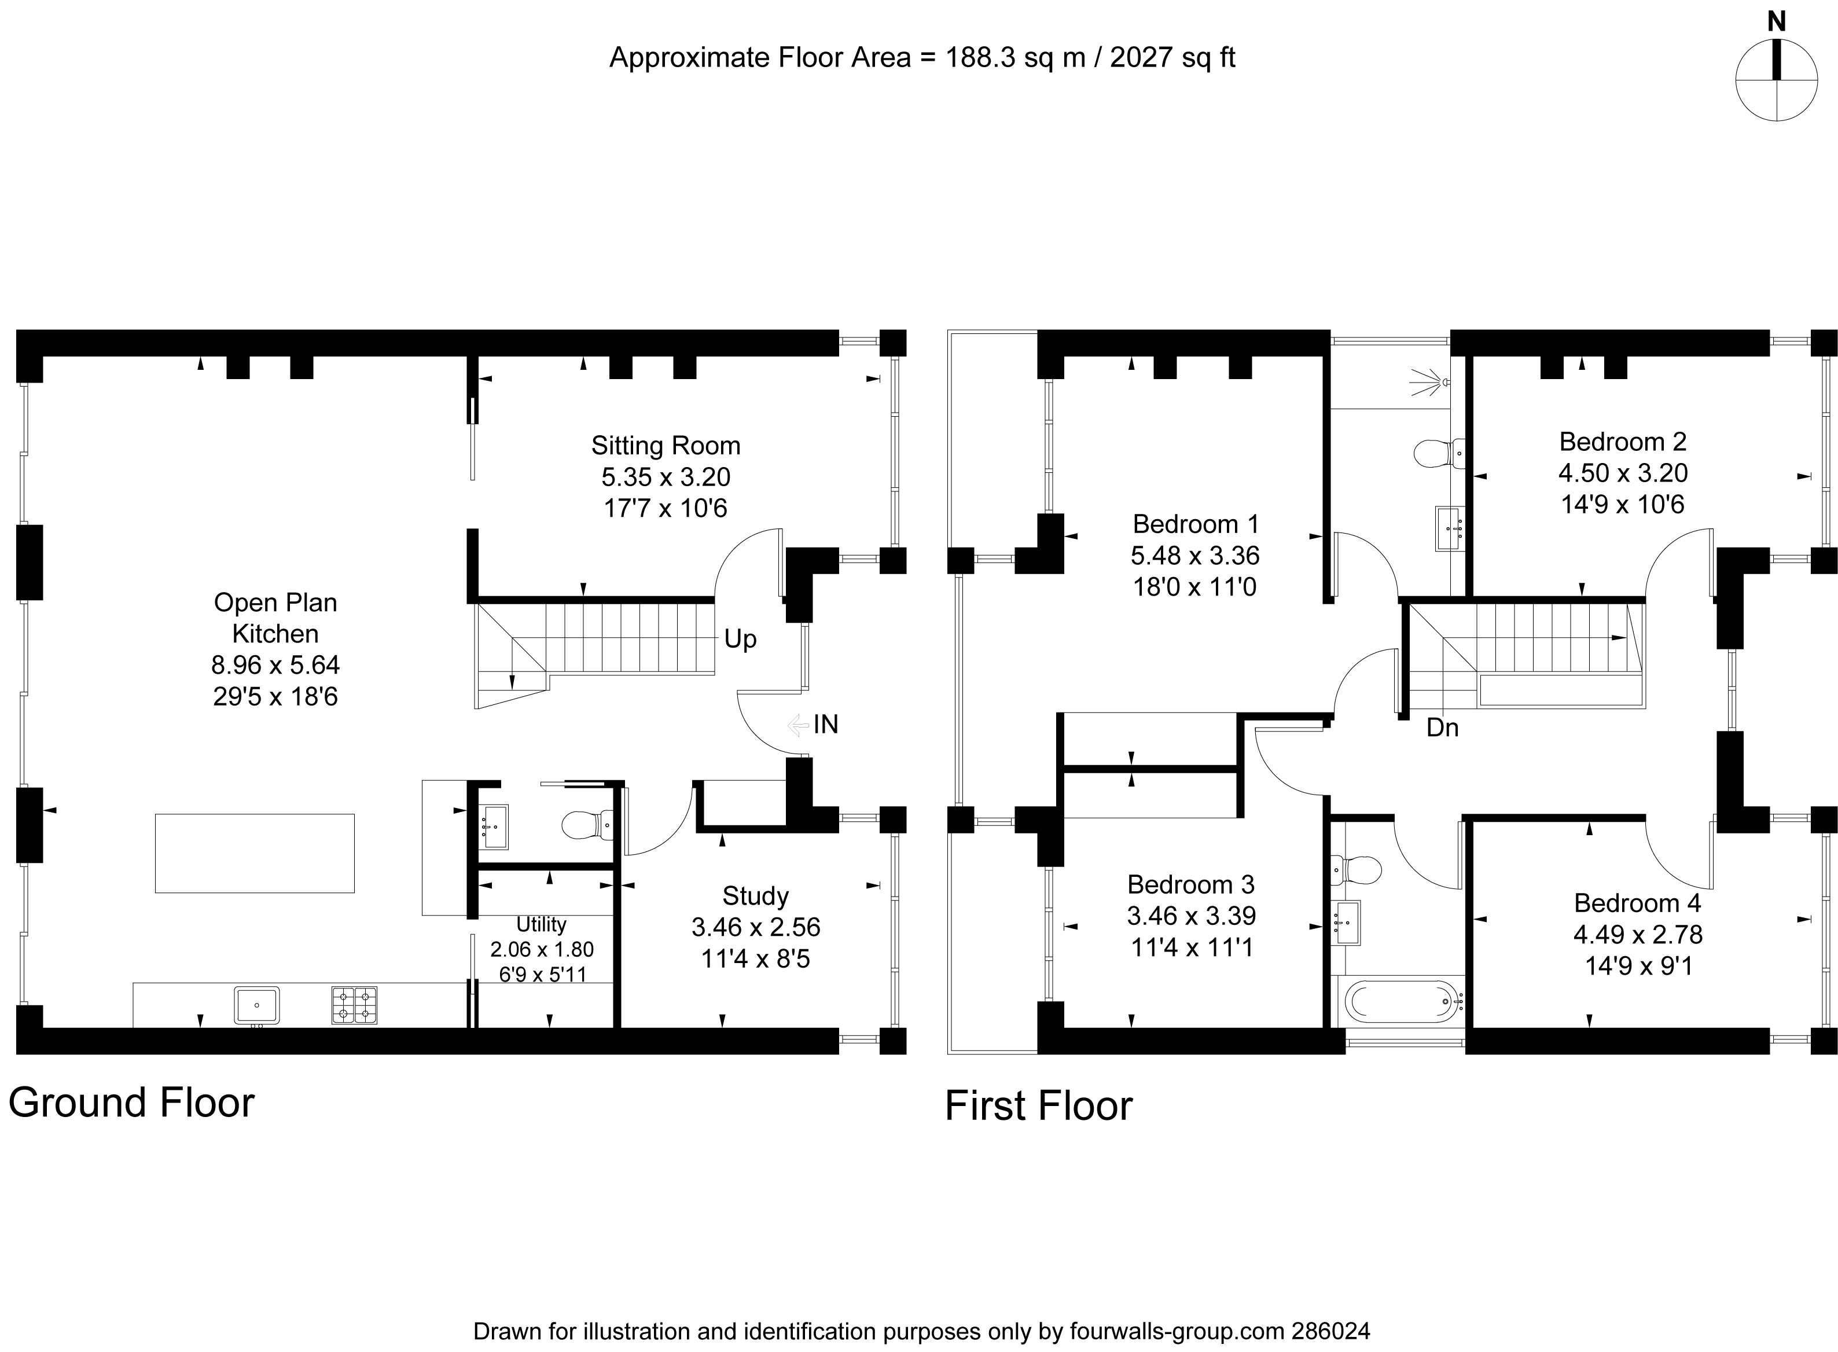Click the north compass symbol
tap(1777, 79)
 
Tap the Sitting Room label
tap(666, 446)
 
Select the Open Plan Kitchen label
tap(275, 618)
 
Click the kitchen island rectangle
tap(255, 853)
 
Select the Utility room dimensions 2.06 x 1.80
tap(542, 949)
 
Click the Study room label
tap(755, 896)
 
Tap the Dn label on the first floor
tap(1442, 728)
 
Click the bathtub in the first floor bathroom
tap(1405, 1001)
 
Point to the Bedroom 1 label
tap(1196, 524)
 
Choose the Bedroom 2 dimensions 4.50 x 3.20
tap(1623, 473)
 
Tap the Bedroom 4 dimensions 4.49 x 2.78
tap(1638, 935)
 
